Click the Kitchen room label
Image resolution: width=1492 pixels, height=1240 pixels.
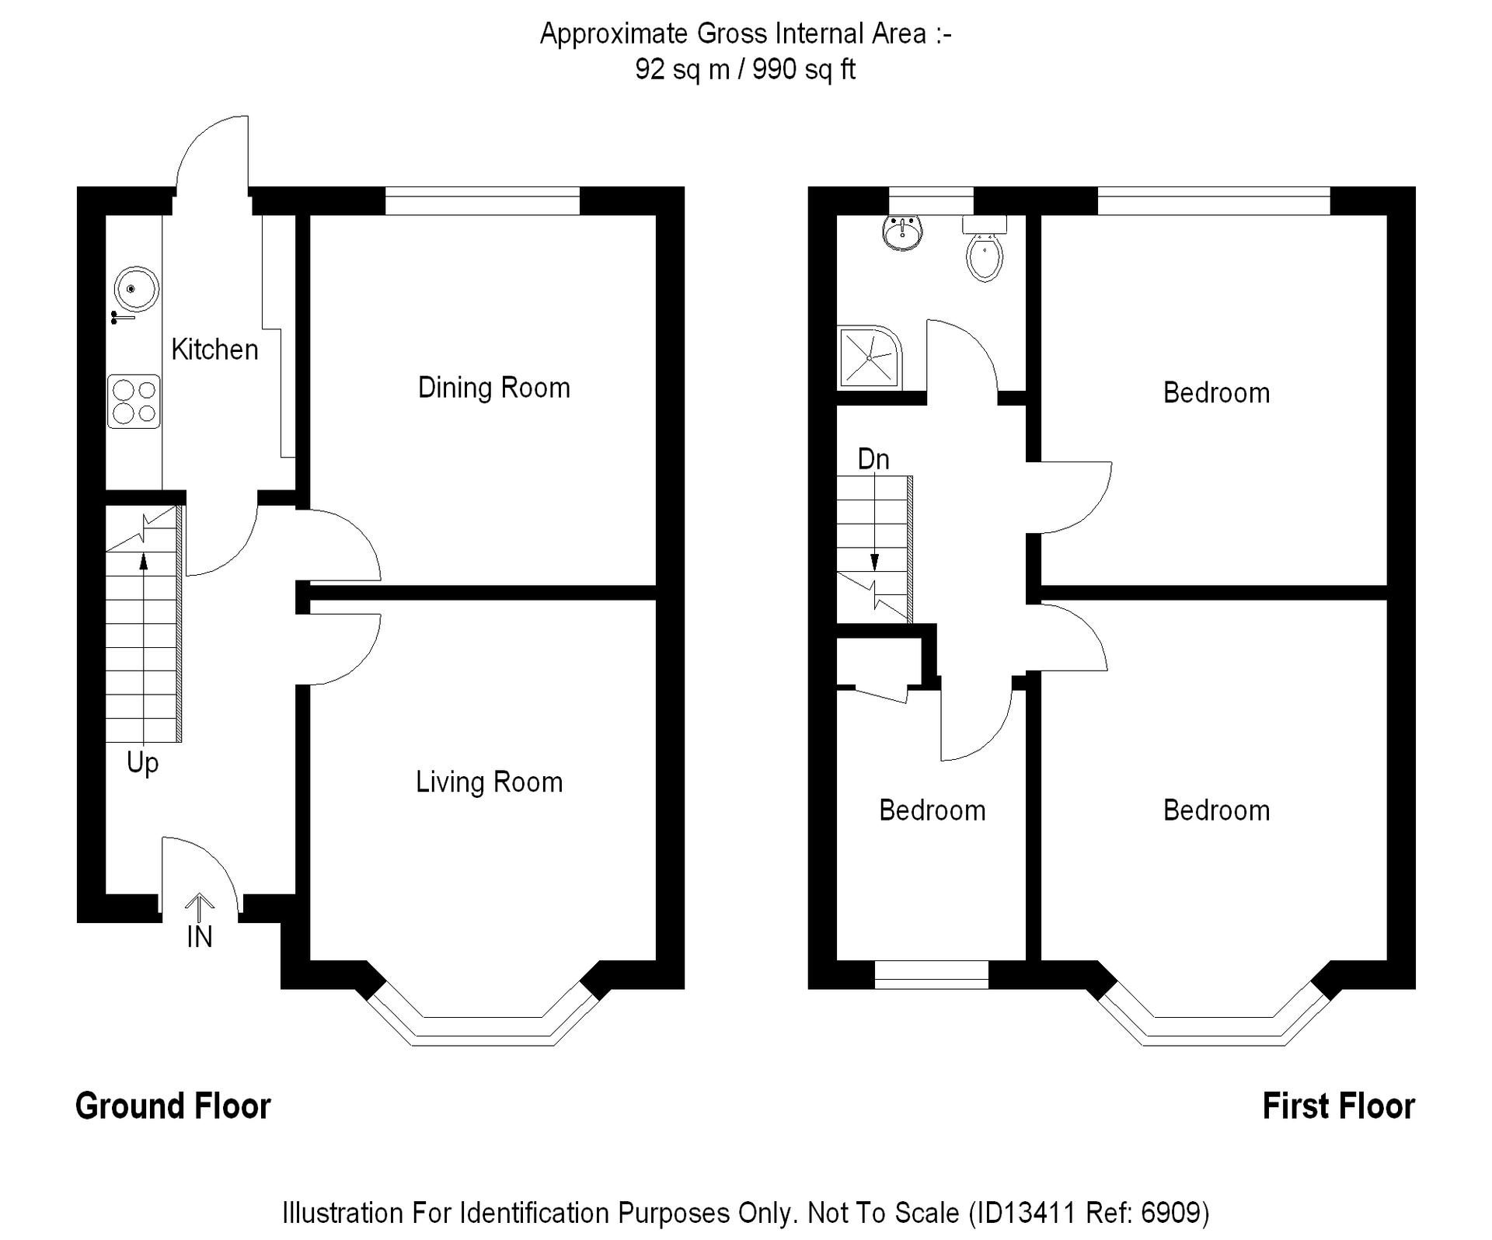(x=214, y=350)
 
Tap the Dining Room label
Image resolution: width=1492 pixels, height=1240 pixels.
(x=493, y=388)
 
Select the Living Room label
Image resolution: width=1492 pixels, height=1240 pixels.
(x=489, y=782)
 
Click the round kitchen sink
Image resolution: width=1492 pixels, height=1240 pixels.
(x=136, y=289)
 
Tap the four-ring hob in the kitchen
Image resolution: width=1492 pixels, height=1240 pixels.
(x=134, y=402)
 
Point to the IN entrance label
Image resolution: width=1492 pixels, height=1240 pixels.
(x=200, y=937)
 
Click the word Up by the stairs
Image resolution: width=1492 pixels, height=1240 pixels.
(x=142, y=763)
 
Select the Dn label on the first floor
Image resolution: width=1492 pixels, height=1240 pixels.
(x=873, y=459)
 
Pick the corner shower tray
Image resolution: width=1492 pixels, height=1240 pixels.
(x=869, y=358)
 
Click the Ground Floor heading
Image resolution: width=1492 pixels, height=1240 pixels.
(x=173, y=1106)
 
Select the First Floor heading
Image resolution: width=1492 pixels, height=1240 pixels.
(x=1338, y=1106)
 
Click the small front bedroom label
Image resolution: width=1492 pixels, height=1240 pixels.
(x=932, y=810)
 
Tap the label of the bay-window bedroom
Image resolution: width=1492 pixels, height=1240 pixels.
(x=1216, y=810)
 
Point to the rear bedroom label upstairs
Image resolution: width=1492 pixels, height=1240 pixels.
(x=1216, y=393)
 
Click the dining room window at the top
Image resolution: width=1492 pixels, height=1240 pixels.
(x=483, y=200)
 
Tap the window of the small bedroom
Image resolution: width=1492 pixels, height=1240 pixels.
(x=931, y=974)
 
